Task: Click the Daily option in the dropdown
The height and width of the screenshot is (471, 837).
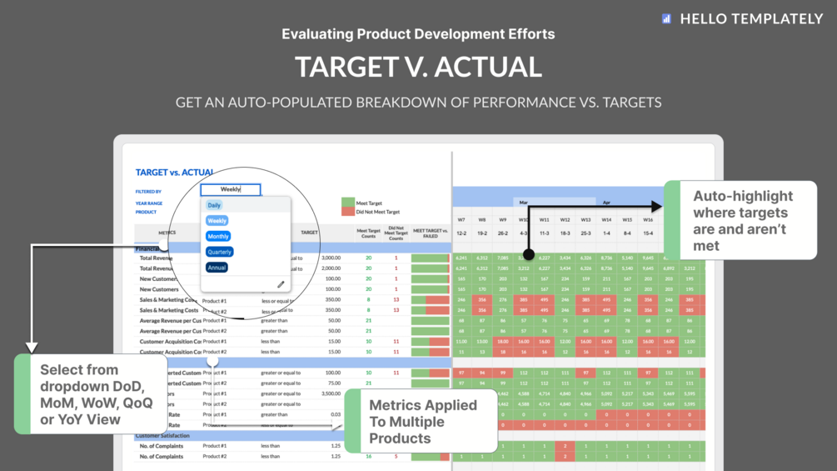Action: click(x=214, y=205)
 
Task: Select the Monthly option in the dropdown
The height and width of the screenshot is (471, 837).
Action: click(x=218, y=237)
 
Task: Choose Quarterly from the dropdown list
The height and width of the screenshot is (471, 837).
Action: click(x=220, y=252)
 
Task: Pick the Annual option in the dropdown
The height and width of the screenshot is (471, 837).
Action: click(x=217, y=268)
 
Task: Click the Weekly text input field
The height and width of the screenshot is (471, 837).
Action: click(x=231, y=190)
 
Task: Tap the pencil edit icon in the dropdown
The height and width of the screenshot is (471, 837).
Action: click(x=281, y=284)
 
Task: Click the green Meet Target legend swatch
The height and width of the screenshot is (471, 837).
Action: click(x=348, y=203)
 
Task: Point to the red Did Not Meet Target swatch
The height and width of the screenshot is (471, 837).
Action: click(x=348, y=212)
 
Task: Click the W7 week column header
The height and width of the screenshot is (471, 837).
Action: click(x=461, y=220)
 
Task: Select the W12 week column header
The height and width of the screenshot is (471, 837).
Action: click(x=565, y=220)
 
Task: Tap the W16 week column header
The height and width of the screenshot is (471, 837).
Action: click(x=648, y=220)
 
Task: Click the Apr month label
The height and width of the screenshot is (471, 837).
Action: click(x=606, y=203)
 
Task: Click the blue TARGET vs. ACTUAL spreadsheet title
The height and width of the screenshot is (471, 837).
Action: click(x=174, y=173)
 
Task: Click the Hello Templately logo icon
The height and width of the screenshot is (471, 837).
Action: click(x=666, y=18)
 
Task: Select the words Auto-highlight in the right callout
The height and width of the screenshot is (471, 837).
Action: click(x=743, y=197)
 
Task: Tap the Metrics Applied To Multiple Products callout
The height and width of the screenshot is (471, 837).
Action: click(x=423, y=421)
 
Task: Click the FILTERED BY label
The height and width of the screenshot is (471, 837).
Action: click(x=148, y=192)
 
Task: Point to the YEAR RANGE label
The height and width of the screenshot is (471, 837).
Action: click(x=149, y=203)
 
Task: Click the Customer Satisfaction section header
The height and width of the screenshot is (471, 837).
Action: click(x=162, y=435)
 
